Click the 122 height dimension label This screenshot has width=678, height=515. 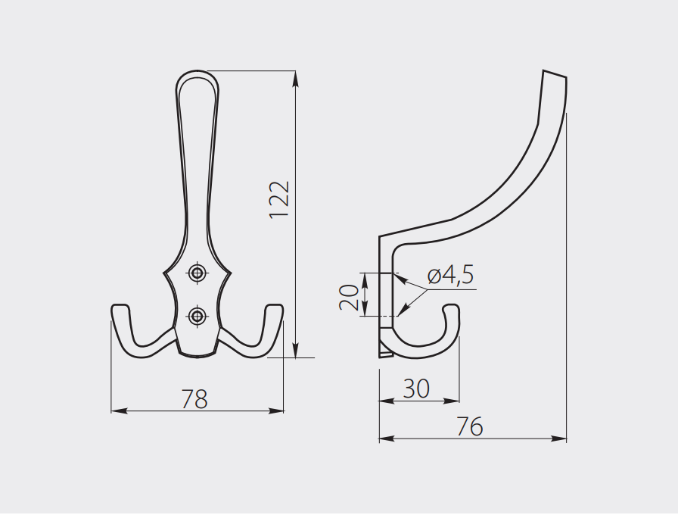[x=279, y=200]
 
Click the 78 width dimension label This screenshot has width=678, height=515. [x=194, y=399]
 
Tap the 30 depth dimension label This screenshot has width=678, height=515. [x=416, y=389]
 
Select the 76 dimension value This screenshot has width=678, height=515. [x=470, y=426]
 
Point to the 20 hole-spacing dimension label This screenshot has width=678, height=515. [x=349, y=298]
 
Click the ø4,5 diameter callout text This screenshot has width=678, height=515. [x=450, y=276]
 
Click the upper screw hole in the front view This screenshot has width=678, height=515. [x=197, y=273]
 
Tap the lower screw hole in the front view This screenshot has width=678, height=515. [x=197, y=316]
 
